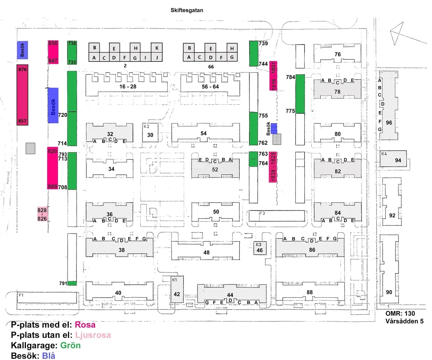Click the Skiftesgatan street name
coord(187,10)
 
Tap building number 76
coord(337,54)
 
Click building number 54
coord(204,134)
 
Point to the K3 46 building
coord(260,248)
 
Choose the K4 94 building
coord(393,158)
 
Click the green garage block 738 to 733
coord(72,53)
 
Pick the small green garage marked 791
coord(72,283)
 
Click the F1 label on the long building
coord(21,296)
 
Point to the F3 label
coord(262,213)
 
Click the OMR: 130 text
coord(400,314)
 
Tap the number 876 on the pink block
coord(22,70)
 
